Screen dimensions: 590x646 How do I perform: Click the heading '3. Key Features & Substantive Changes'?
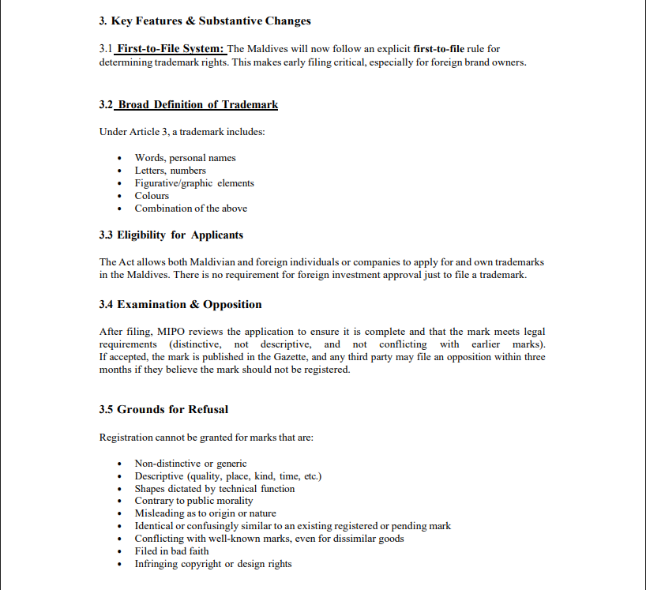click(x=205, y=21)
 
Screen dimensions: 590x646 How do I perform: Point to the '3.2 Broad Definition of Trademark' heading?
click(x=189, y=104)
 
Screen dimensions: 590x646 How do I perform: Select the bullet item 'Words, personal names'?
click(x=185, y=158)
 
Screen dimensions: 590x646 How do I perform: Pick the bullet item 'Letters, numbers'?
click(x=170, y=171)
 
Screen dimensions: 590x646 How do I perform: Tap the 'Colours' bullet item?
click(x=152, y=196)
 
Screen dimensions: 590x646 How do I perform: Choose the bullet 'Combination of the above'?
click(x=190, y=209)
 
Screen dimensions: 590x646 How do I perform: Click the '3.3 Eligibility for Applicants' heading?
click(x=171, y=235)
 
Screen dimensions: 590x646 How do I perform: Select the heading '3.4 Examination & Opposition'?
click(x=180, y=305)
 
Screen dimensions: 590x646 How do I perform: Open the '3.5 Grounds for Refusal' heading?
click(x=163, y=409)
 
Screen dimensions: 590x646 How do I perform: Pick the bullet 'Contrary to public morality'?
click(x=193, y=501)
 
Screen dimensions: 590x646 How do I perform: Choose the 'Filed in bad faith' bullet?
click(x=171, y=551)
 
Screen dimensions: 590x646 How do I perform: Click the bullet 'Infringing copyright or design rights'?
click(x=212, y=564)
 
